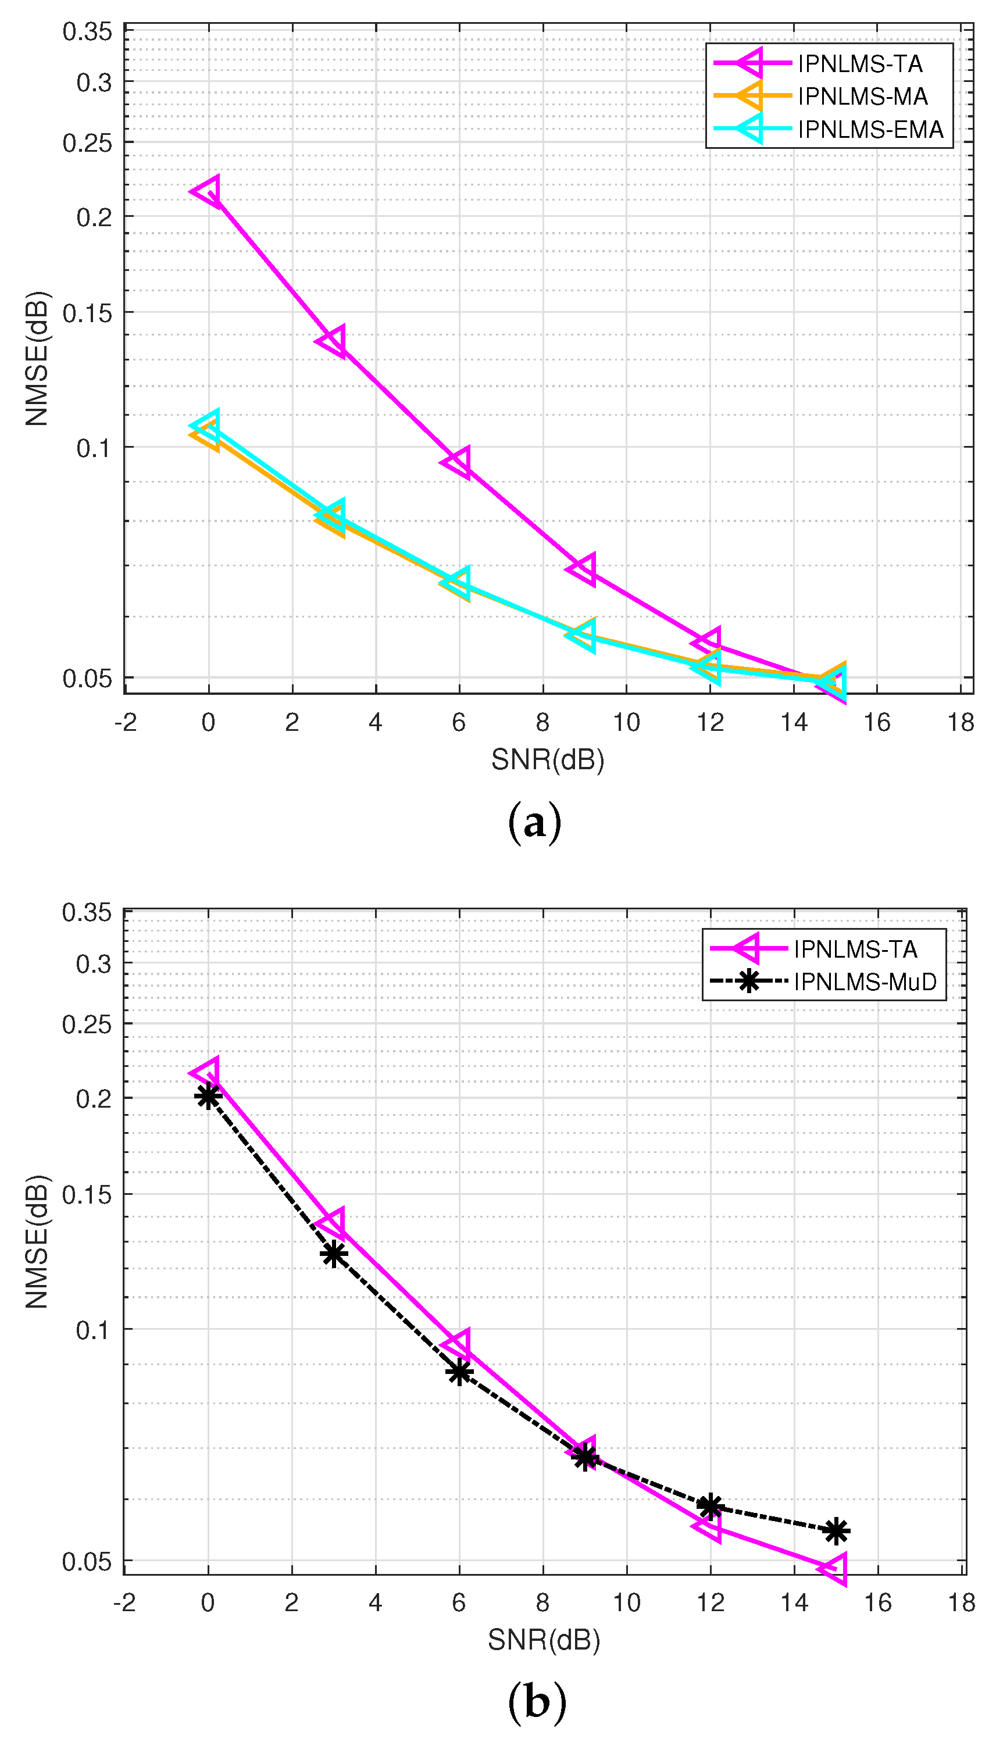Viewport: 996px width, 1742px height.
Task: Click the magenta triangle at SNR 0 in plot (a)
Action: [x=207, y=191]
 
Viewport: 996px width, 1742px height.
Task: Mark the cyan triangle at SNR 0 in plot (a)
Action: [x=206, y=426]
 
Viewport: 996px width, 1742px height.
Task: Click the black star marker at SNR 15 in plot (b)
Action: [x=836, y=1532]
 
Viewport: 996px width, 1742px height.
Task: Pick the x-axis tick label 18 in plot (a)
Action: [x=961, y=722]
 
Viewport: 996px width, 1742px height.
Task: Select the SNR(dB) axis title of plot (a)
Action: [x=547, y=760]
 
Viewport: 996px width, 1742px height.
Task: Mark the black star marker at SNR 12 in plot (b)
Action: [x=710, y=1506]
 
